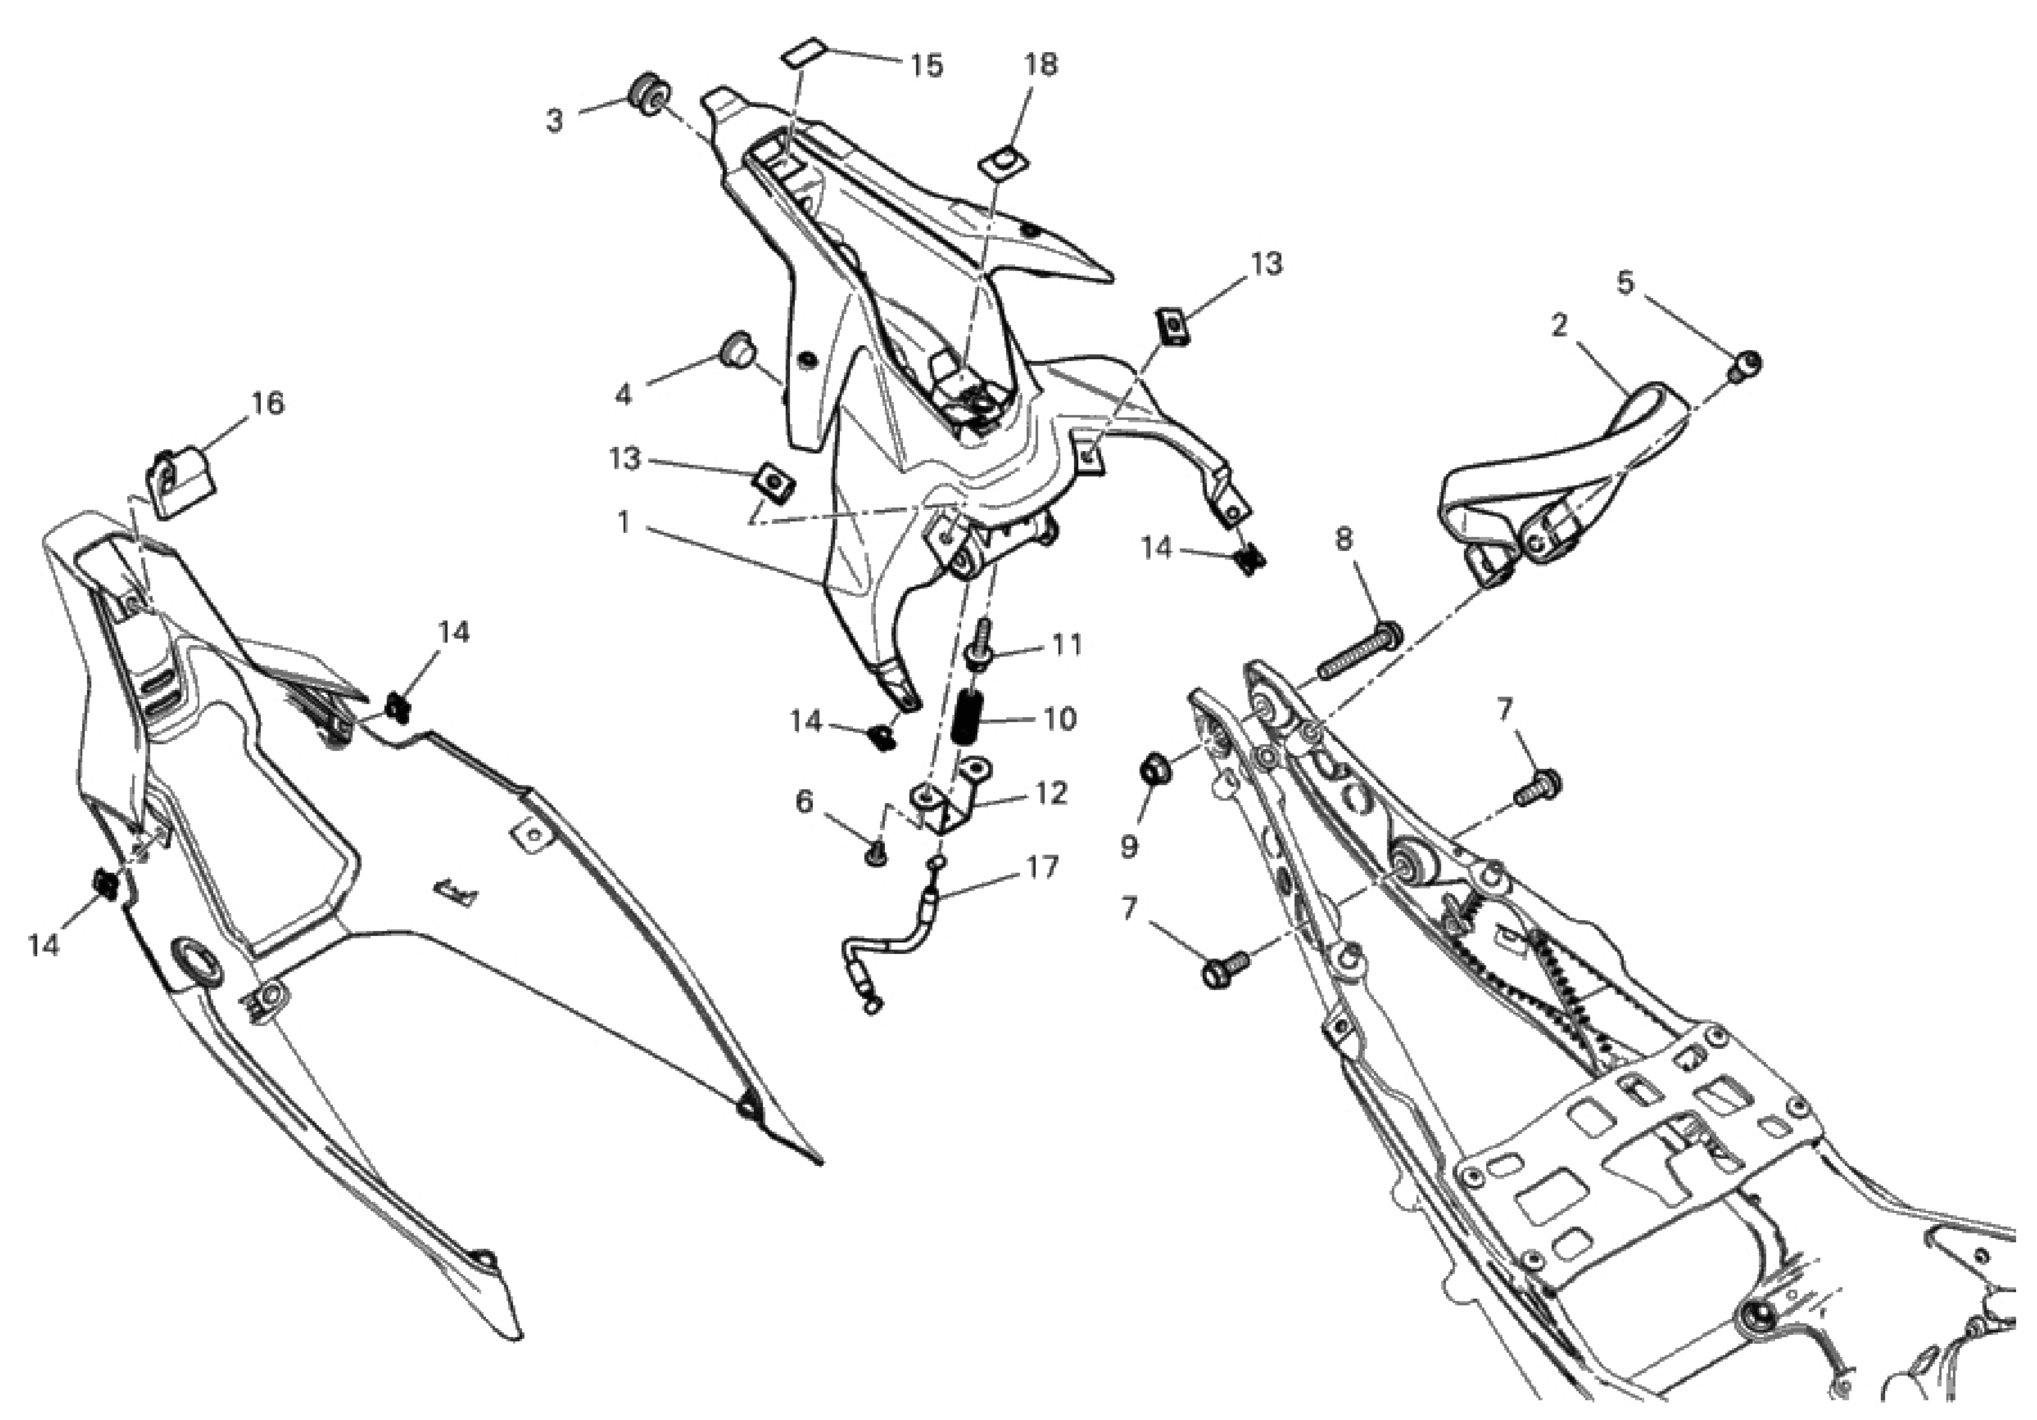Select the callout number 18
tap(1042, 65)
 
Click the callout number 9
tap(1128, 846)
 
